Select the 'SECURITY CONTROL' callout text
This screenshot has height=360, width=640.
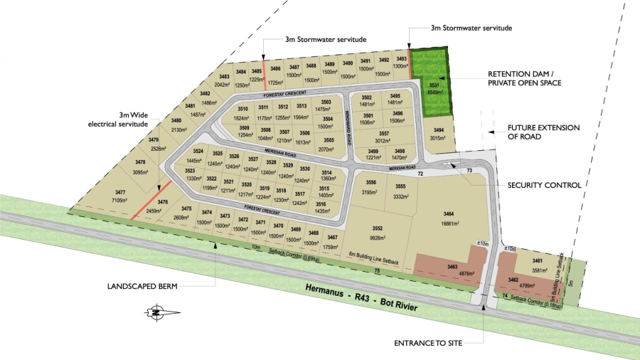pyautogui.click(x=544, y=185)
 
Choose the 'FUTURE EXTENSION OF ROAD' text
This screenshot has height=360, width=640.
pyautogui.click(x=543, y=132)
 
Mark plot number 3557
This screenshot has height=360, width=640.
pyautogui.click(x=384, y=136)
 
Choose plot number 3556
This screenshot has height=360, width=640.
pyautogui.click(x=371, y=187)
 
